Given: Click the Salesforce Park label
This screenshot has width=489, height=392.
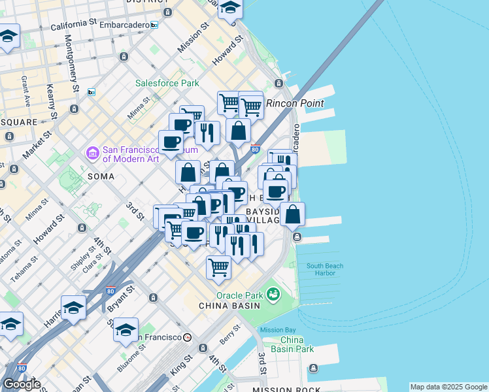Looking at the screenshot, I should point(167,83).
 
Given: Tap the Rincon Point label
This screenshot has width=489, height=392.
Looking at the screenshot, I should point(295,103).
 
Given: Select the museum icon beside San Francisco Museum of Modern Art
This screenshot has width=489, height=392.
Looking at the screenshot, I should point(92,154).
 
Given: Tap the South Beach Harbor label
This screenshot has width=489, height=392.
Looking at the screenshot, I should point(325,269).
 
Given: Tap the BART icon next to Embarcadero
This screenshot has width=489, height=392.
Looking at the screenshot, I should point(154,25).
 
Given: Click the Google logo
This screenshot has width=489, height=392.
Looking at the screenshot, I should point(21,384).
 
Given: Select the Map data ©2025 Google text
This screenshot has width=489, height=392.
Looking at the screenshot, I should point(448,387).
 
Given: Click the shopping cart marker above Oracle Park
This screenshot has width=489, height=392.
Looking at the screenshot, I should point(218,267).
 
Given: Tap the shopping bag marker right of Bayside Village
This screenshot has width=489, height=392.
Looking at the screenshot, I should point(293,214).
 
